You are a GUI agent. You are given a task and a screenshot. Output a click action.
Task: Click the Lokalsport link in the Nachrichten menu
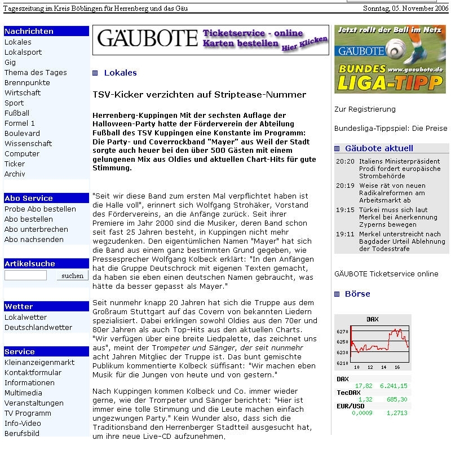23,52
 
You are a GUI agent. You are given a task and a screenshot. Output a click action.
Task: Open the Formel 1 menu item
20,124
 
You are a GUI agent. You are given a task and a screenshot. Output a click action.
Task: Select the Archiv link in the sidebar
15,174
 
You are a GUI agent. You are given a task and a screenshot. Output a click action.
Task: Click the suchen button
72,276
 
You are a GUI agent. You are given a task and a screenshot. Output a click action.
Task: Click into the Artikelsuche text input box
25,276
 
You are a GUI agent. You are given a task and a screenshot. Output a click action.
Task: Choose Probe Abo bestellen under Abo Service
40,209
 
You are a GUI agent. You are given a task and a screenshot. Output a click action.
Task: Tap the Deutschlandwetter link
38,328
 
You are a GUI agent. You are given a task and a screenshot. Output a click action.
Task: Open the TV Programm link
28,413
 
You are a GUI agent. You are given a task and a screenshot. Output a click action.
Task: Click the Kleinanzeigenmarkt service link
39,363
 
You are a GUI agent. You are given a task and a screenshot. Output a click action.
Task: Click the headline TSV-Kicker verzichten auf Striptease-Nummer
199,95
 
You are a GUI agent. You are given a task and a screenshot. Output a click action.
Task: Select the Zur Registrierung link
365,109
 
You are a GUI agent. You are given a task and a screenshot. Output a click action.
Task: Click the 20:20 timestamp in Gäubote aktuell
345,162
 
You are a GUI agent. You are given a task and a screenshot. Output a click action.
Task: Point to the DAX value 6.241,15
393,386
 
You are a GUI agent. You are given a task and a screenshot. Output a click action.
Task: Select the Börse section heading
357,294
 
